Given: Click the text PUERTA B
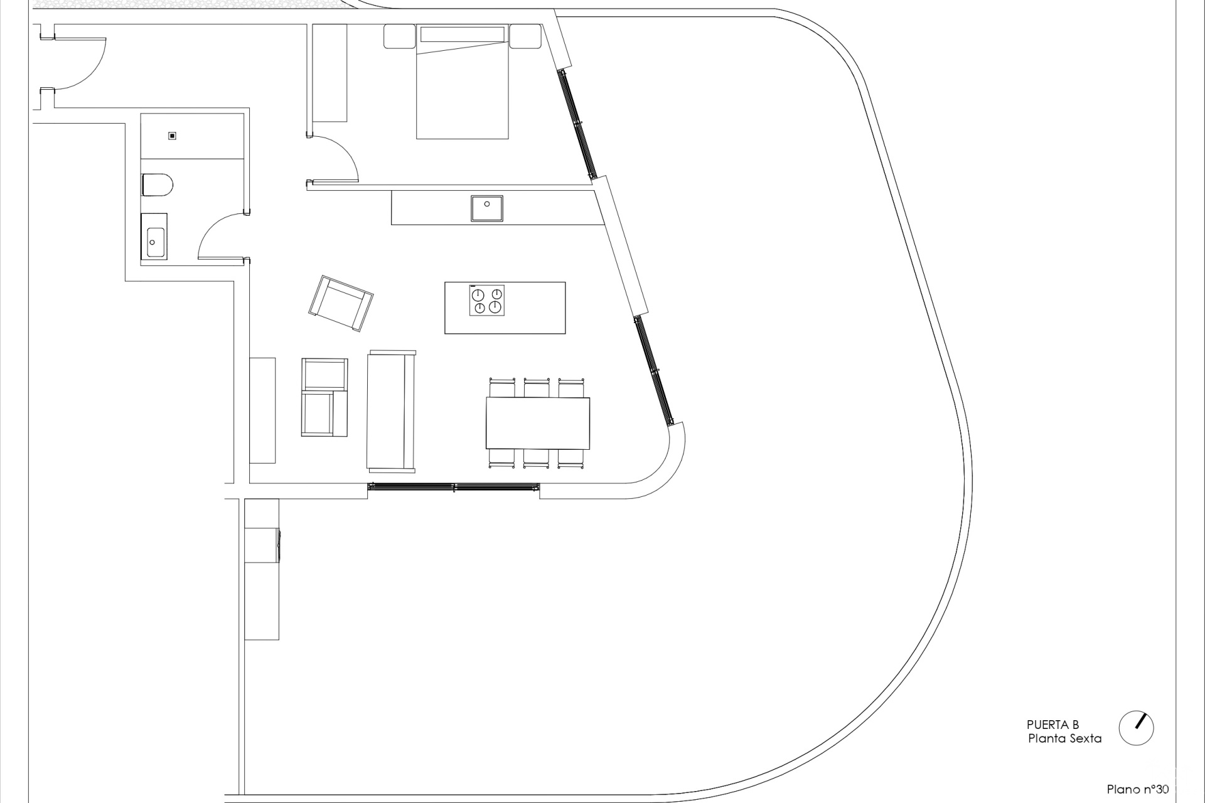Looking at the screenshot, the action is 1052,725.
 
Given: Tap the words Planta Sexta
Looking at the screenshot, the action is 1064,738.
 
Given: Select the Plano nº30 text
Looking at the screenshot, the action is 1138,789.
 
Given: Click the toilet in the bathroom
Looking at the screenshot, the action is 158,185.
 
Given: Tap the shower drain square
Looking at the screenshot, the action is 172,136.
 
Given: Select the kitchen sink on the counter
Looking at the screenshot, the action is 487,208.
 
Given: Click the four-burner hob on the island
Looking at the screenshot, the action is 486,300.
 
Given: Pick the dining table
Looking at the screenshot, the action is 538,423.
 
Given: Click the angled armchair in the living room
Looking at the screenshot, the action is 341,303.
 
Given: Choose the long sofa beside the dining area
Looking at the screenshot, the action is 391,411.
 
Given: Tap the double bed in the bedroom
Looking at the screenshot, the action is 463,82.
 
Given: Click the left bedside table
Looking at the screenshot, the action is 400,36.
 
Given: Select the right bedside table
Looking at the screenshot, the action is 525,36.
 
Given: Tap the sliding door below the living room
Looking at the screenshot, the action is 454,487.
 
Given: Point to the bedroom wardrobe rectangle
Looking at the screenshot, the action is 329,73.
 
